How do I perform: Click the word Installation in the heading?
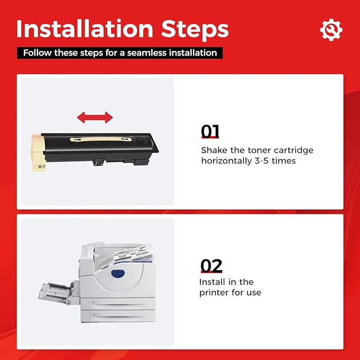[85, 29]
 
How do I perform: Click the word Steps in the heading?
[195, 30]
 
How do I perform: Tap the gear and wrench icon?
[331, 30]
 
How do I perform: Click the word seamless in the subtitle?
[146, 53]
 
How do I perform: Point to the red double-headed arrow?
[95, 118]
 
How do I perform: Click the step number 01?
[210, 131]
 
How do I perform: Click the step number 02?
[211, 266]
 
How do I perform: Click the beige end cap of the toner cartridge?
[38, 152]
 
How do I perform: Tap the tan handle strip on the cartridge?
[101, 139]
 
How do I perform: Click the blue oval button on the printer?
[118, 274]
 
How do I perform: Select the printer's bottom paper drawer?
[118, 315]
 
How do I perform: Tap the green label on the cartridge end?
[41, 166]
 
